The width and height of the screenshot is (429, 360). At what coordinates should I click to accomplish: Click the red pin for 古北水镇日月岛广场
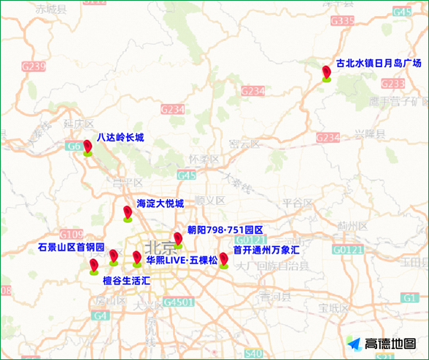click(326, 72)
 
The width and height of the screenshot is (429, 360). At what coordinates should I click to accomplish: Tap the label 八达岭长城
click(120, 137)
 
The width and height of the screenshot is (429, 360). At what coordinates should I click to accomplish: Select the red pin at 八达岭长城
click(88, 148)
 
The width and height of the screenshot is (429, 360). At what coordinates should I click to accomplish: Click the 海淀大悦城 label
click(160, 203)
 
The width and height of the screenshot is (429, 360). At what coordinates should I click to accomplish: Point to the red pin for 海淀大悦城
click(128, 213)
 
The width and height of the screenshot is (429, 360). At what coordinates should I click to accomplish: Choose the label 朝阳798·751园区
click(225, 230)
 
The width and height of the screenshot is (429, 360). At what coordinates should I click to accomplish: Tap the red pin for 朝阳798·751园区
click(177, 240)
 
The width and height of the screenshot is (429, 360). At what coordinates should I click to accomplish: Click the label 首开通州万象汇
click(266, 249)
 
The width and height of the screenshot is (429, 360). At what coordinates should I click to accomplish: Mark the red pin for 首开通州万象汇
click(224, 259)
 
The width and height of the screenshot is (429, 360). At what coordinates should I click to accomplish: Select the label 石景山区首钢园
click(71, 247)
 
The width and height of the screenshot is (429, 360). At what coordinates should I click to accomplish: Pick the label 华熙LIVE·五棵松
click(181, 259)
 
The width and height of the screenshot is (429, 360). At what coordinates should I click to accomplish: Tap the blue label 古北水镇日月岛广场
click(378, 63)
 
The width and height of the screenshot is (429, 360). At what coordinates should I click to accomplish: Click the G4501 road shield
click(178, 302)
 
